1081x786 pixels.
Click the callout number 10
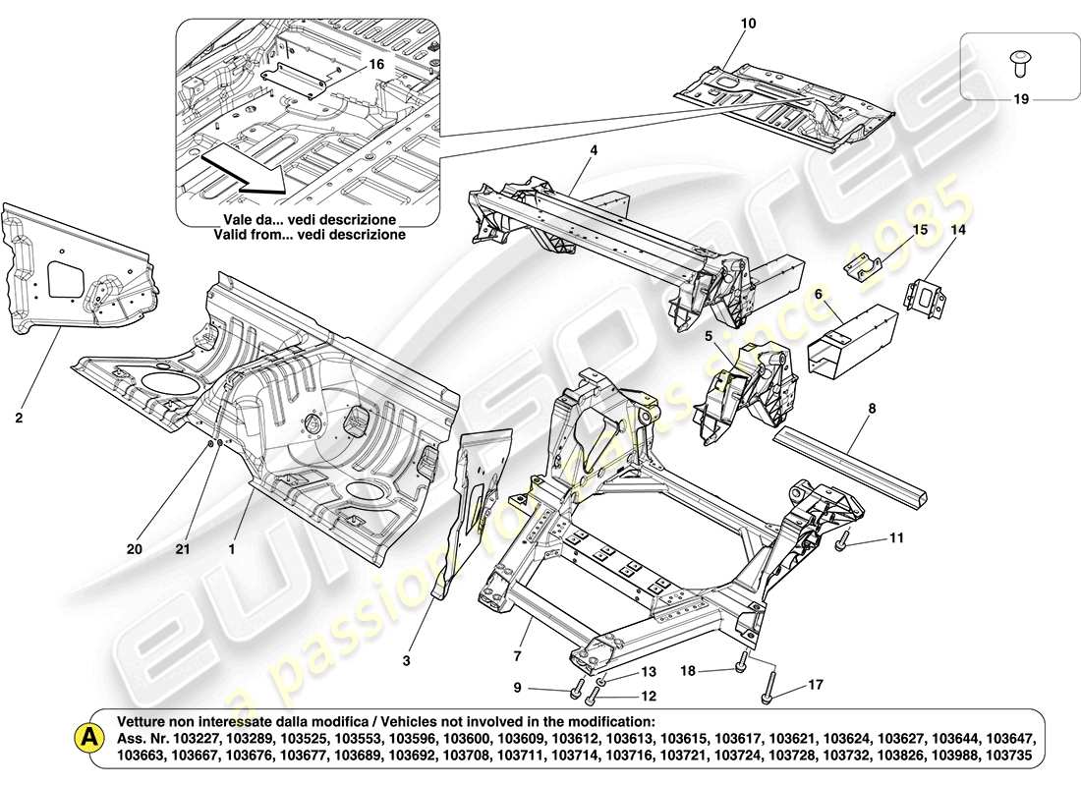pyautogui.click(x=750, y=23)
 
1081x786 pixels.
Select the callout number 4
pyautogui.click(x=594, y=150)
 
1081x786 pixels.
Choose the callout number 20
pyautogui.click(x=135, y=549)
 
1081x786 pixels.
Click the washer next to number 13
pyautogui.click(x=602, y=676)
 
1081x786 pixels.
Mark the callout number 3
pyautogui.click(x=406, y=661)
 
